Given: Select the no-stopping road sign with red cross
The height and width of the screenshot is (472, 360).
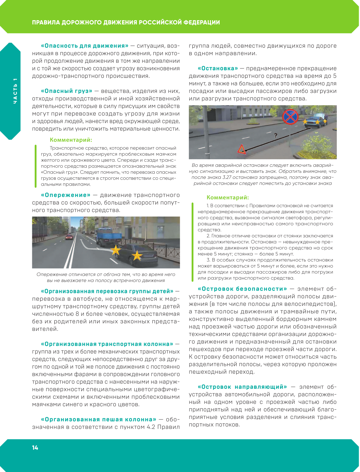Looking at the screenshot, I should click(290, 117).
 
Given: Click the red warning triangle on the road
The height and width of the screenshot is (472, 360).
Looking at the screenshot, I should click(241, 149).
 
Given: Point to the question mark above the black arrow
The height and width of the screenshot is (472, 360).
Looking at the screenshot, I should click(276, 135).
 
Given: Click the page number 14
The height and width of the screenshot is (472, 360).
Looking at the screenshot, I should click(35, 448).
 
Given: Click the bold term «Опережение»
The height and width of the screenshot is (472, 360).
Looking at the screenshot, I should click(65, 195).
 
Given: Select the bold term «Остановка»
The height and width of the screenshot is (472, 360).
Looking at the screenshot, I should click(218, 68).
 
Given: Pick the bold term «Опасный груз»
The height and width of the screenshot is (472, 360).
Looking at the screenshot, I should click(66, 91).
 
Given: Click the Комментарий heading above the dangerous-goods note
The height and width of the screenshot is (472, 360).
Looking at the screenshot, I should click(71, 140).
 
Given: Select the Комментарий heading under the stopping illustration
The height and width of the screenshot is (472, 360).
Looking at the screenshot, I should click(228, 198).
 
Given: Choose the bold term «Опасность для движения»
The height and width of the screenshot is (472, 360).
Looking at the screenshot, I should click(84, 46).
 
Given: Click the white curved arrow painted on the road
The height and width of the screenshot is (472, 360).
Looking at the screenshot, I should click(91, 246).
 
